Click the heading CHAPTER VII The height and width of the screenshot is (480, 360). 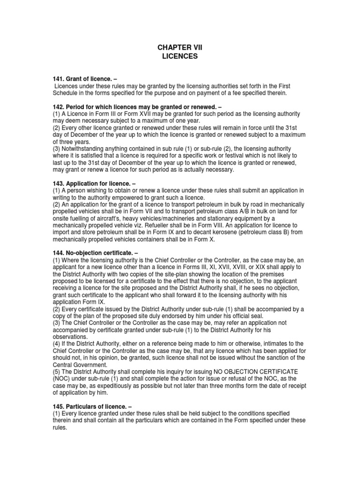[180, 48]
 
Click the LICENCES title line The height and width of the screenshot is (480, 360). [180, 56]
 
